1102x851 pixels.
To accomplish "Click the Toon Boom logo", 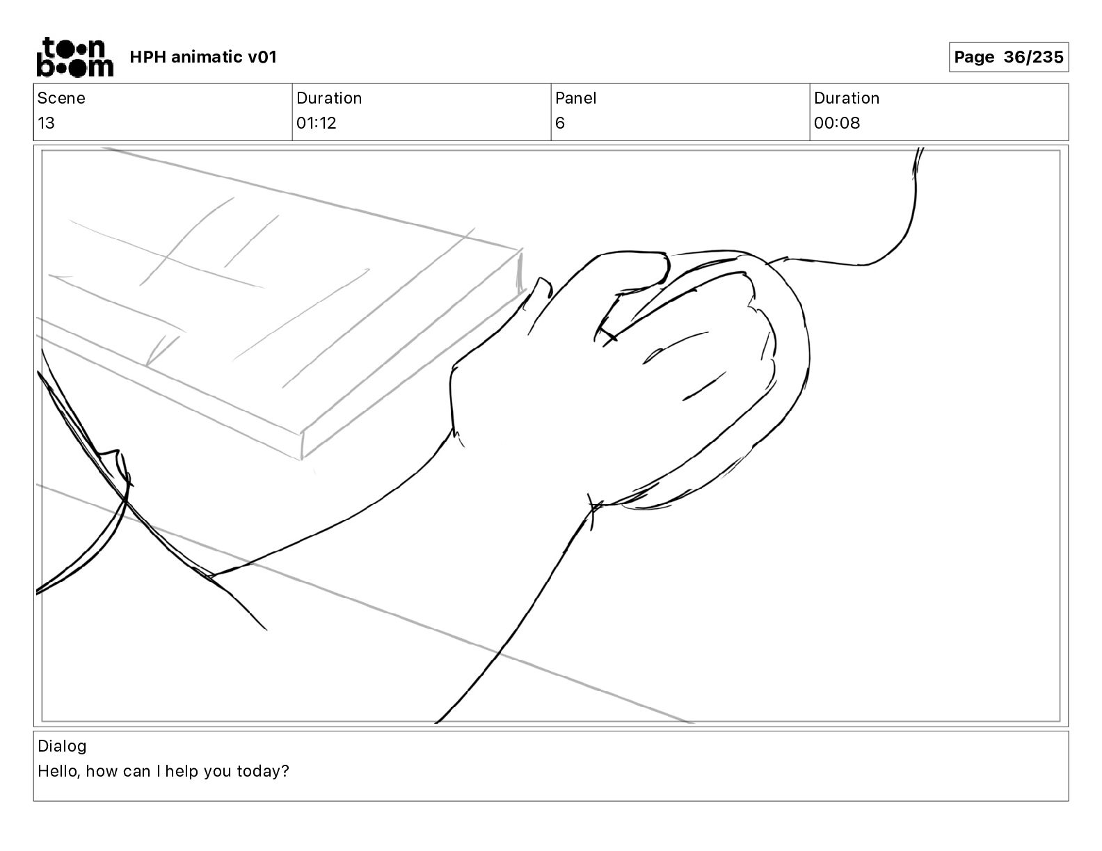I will tap(74, 57).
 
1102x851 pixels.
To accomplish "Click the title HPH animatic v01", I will tap(203, 57).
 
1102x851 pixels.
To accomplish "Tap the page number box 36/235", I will tap(1008, 57).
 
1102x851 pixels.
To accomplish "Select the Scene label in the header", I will tap(61, 98).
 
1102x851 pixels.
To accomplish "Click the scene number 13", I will tap(46, 123).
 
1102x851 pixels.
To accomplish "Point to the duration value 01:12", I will tap(317, 123).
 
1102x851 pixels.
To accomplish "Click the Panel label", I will tap(576, 98).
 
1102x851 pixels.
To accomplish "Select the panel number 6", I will tap(560, 123).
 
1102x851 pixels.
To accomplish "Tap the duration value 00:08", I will tap(837, 123).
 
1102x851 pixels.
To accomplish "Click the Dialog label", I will tap(62, 746).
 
